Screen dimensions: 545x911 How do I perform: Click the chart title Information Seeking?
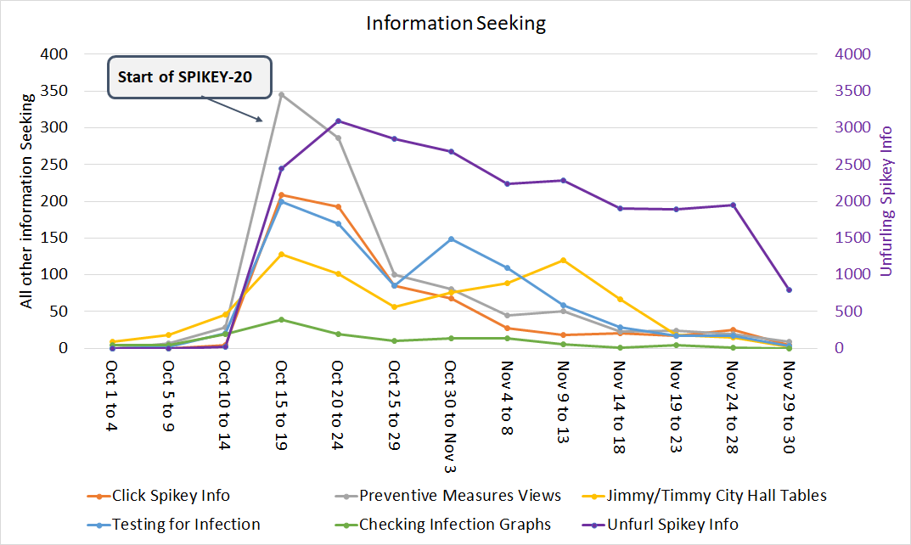(456, 23)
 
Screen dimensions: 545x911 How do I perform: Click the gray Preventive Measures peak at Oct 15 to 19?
(281, 94)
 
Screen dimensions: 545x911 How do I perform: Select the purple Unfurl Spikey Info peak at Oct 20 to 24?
(338, 121)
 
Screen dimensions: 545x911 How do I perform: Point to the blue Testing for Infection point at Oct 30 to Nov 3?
(451, 239)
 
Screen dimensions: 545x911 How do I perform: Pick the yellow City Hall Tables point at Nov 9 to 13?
(564, 260)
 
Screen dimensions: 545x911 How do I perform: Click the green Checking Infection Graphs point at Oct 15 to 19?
(281, 319)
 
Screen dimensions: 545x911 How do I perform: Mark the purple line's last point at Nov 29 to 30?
(789, 289)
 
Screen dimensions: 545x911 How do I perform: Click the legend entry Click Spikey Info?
(170, 496)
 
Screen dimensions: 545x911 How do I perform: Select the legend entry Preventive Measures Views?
(459, 496)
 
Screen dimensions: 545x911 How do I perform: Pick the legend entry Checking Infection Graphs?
(454, 524)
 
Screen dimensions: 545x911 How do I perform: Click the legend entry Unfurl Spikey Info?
(672, 524)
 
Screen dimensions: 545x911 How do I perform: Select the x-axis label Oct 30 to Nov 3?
(451, 416)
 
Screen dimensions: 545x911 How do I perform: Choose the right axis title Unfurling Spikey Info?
(886, 201)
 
